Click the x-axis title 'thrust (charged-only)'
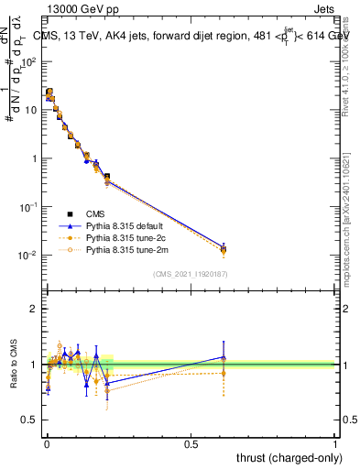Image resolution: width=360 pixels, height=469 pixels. pos(284,456)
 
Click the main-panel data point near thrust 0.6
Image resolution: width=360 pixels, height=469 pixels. pos(224,248)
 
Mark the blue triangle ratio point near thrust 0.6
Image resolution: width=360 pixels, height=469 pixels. pos(224,357)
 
